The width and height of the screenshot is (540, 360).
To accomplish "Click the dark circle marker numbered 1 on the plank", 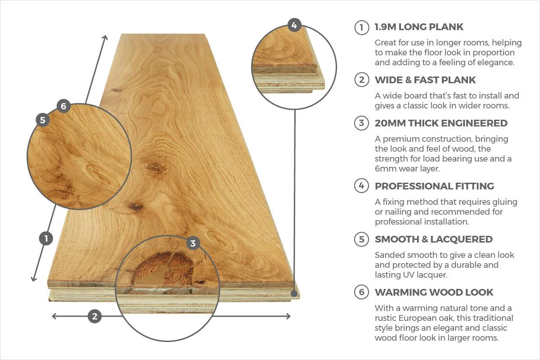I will [x=46, y=238].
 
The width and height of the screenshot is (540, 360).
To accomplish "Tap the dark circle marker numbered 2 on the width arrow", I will [x=94, y=316].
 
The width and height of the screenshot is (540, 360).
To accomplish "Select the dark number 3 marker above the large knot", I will [x=193, y=243].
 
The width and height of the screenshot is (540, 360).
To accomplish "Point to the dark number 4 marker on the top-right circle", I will [x=294, y=25].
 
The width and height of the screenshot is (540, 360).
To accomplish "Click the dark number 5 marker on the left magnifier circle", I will [x=43, y=120].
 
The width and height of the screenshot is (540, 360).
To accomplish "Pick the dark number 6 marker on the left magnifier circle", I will [x=63, y=106].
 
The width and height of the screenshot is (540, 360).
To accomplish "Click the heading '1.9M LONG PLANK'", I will [x=419, y=27].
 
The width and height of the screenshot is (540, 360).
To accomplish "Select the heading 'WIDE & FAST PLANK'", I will [x=425, y=80].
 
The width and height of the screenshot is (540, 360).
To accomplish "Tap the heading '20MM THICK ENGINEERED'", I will [x=441, y=123].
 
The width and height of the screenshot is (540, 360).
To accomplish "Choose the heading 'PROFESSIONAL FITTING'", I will [x=434, y=186].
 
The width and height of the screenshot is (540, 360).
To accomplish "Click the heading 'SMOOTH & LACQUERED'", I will [x=434, y=239].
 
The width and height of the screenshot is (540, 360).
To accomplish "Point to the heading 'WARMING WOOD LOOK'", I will [x=434, y=292].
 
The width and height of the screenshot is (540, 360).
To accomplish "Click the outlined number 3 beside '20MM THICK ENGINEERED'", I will [x=361, y=123].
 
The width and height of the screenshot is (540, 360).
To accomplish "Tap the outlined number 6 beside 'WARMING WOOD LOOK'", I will [x=361, y=292].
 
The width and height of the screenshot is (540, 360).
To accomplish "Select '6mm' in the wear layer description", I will [x=385, y=169].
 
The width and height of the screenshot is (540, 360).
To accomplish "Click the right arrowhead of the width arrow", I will [x=288, y=316].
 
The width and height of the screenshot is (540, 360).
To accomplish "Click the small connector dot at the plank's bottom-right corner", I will [x=294, y=293].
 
